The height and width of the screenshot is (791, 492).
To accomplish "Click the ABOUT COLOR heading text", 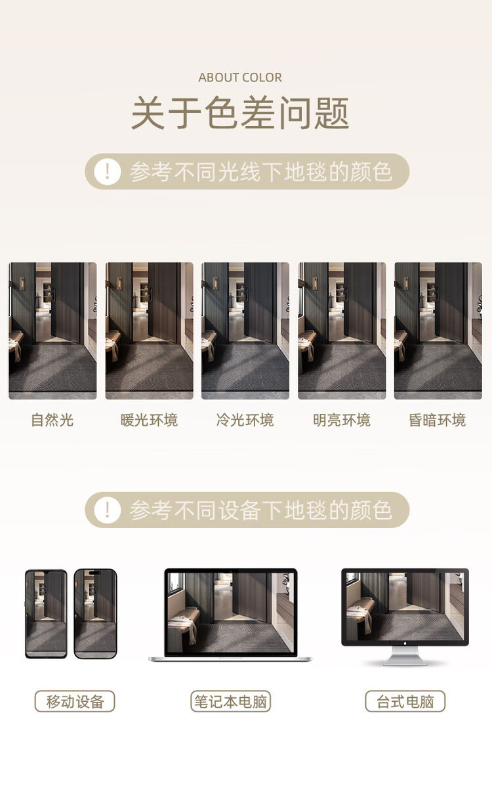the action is [x=240, y=77].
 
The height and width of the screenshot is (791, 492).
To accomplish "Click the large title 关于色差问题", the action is [x=240, y=113].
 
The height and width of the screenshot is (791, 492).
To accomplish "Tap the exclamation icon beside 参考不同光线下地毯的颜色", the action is [x=108, y=172].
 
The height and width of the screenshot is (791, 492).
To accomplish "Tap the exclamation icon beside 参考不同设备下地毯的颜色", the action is [x=108, y=510].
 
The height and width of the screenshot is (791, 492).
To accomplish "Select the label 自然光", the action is [x=52, y=420].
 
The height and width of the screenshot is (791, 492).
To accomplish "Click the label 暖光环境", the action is [x=149, y=420].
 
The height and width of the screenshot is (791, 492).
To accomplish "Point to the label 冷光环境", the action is [x=245, y=420].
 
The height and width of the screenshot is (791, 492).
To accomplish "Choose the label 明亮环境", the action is [x=342, y=420].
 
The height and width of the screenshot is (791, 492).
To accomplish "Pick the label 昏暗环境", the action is [x=438, y=420].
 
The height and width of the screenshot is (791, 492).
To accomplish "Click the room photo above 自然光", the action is [x=52, y=331].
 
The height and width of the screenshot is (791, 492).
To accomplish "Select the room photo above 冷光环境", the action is [x=245, y=331].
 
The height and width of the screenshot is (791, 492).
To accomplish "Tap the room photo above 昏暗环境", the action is [x=438, y=331].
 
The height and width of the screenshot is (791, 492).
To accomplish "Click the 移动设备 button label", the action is [x=75, y=701].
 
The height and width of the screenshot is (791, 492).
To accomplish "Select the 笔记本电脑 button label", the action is [x=231, y=701].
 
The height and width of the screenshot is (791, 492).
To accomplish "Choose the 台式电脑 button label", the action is [x=405, y=701].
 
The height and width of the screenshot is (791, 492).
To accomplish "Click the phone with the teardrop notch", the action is [x=46, y=614].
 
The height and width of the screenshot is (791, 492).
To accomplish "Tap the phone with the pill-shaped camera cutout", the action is [x=95, y=614].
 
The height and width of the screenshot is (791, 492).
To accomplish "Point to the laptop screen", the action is [x=230, y=613].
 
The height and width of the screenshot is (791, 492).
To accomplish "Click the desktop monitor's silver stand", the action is [x=405, y=656].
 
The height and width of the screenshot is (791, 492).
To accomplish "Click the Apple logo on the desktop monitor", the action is [x=405, y=643].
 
